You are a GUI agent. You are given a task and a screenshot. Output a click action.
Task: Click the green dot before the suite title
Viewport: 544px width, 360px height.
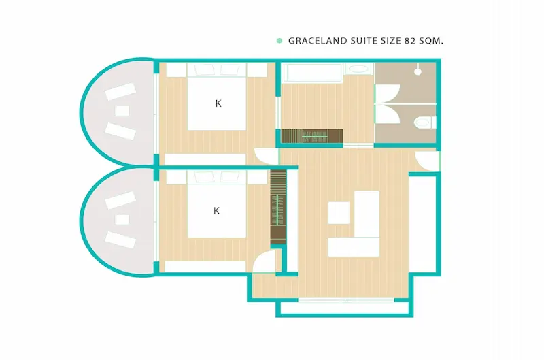[x=279, y=41]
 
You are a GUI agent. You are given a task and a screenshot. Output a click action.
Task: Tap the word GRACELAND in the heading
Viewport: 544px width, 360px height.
[x=318, y=41]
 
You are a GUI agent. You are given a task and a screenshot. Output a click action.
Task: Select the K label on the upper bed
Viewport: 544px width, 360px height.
[x=218, y=103]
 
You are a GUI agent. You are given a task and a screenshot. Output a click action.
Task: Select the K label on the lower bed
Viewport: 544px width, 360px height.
[x=216, y=211]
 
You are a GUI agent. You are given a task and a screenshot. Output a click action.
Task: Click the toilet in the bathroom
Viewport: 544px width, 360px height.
[x=424, y=122]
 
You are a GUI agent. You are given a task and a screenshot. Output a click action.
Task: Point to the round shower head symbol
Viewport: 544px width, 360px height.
[x=418, y=71]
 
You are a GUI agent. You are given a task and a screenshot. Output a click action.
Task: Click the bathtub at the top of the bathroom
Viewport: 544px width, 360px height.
[x=313, y=73]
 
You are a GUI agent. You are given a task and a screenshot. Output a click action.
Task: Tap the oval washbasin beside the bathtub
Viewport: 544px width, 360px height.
[x=358, y=69]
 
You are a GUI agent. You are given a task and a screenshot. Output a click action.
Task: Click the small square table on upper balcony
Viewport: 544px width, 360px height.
[x=122, y=111]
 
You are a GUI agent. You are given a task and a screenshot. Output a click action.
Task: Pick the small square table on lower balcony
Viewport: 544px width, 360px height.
[x=122, y=219]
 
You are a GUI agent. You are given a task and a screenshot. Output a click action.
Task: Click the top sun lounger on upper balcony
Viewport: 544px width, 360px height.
[x=120, y=92]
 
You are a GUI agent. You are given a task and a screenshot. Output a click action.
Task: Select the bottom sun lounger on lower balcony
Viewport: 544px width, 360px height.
[x=120, y=240]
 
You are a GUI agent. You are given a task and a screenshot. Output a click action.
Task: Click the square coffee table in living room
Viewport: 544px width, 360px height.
[x=339, y=213]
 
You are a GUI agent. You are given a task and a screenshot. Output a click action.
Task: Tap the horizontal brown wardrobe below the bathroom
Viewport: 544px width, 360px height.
[x=312, y=136]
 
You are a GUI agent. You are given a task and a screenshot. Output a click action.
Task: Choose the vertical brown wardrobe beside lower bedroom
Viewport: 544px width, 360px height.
[x=278, y=207]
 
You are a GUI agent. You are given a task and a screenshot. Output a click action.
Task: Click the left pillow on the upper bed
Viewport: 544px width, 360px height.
[x=203, y=70]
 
